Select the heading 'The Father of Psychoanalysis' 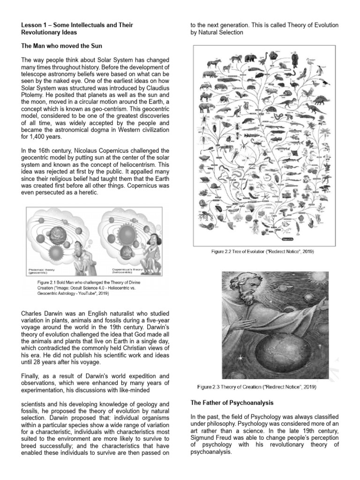click(232, 403)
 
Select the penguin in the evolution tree click(320, 71)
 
